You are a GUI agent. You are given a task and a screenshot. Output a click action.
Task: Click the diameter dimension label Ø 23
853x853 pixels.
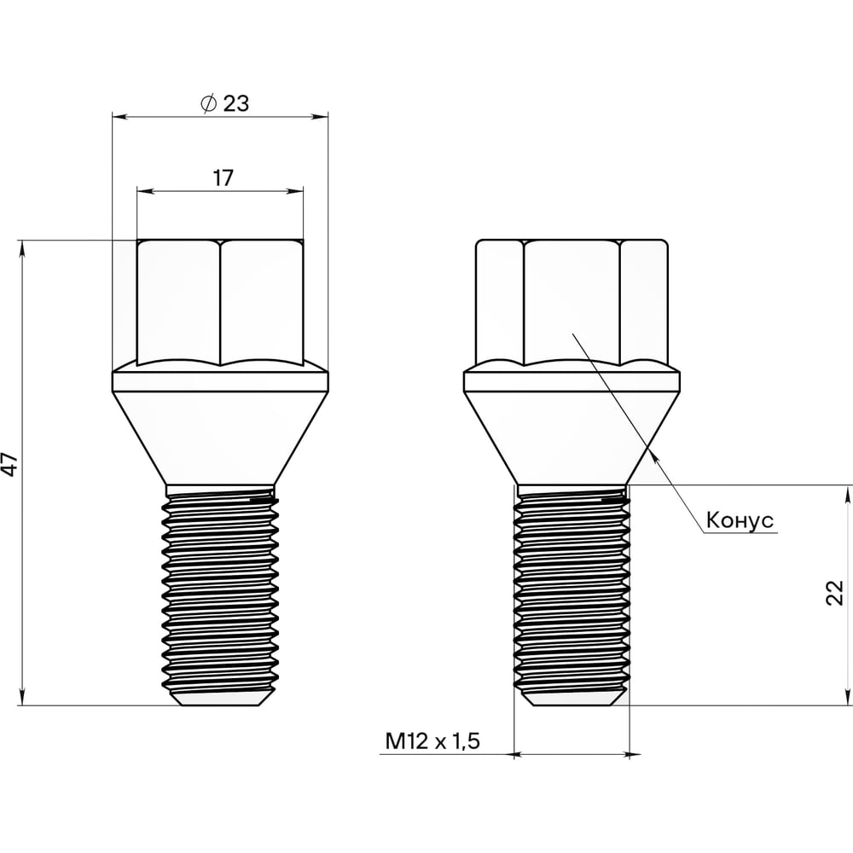(224, 103)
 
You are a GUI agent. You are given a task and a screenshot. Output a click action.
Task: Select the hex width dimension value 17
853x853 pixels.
(223, 177)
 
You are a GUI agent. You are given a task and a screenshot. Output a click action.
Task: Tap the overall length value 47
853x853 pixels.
(10, 464)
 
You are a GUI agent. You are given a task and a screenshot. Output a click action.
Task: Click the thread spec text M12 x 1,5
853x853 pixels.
(432, 741)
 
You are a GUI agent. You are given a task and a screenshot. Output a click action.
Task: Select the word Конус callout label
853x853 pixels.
(740, 520)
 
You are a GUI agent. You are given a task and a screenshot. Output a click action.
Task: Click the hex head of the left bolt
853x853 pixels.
(220, 299)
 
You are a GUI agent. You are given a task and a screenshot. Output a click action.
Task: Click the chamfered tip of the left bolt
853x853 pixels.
(220, 699)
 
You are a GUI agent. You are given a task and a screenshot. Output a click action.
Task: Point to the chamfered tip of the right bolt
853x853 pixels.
(572, 699)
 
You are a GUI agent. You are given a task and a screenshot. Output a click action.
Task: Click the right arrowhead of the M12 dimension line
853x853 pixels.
(635, 754)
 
